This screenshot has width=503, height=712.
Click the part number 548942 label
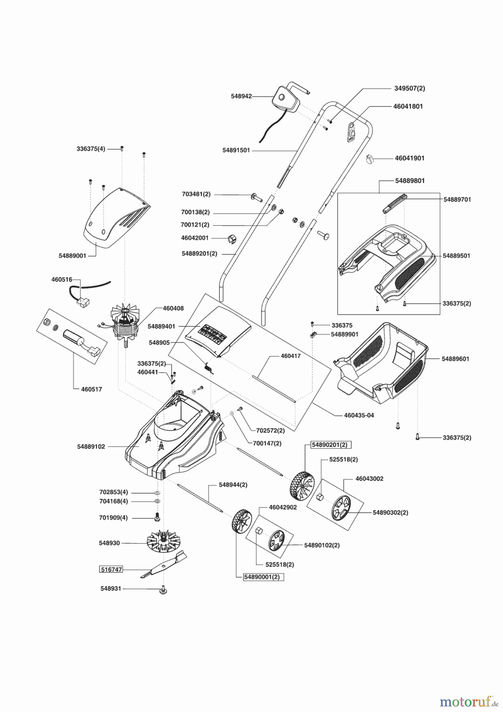tap(241, 96)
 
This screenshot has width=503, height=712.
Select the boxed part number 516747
tap(111, 570)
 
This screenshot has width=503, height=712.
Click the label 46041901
tap(410, 158)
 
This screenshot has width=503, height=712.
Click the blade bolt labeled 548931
tap(163, 591)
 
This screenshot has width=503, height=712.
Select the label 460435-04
tap(359, 416)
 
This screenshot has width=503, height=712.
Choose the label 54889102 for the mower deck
tap(91, 447)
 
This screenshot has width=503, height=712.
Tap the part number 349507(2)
tap(410, 89)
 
